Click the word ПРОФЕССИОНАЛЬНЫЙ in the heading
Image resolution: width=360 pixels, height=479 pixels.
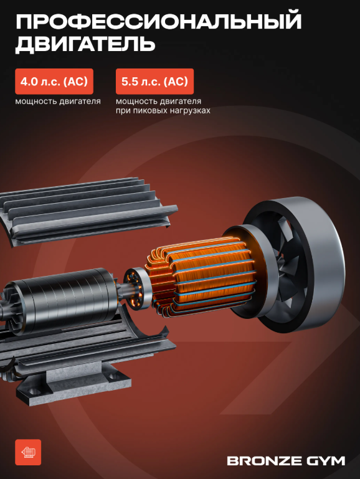tap(158, 21)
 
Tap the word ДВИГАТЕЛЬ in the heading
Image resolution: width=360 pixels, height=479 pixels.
tap(85, 44)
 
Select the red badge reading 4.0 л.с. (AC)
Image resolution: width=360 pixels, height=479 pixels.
tap(54, 81)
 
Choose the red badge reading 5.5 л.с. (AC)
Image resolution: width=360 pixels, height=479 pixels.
tap(154, 81)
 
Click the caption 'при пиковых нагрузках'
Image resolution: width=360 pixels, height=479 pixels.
tap(163, 110)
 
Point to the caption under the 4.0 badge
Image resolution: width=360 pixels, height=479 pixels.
tap(58, 101)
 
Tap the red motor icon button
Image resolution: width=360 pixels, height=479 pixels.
tap(28, 452)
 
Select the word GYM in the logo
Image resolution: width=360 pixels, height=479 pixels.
tap(325, 461)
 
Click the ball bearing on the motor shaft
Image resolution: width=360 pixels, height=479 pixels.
tap(136, 288)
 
